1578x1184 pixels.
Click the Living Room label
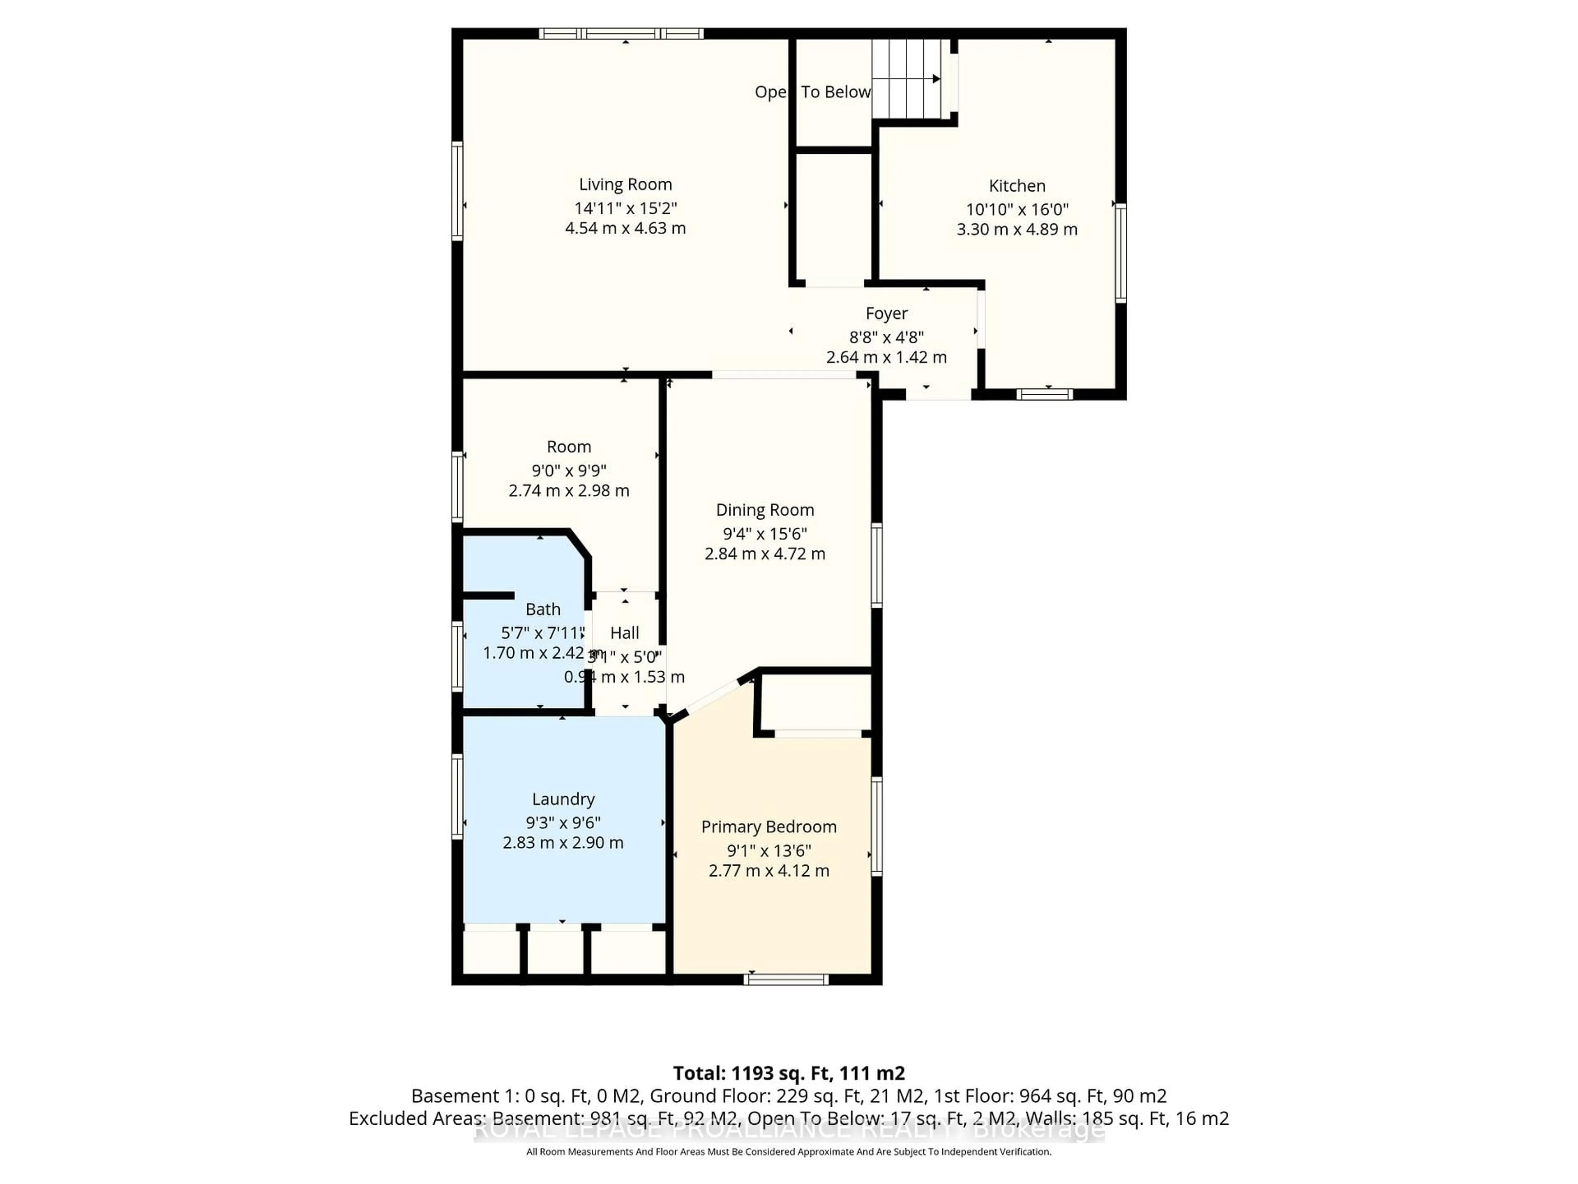point(625,184)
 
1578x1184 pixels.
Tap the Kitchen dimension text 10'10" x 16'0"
point(1017,209)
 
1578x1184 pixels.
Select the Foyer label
point(886,313)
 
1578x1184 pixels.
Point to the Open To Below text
point(812,92)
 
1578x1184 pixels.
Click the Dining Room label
point(765,509)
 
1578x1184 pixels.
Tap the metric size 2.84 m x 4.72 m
point(765,554)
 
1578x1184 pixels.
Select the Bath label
point(543,609)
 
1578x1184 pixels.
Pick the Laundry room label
point(563,799)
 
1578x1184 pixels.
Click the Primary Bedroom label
point(768,826)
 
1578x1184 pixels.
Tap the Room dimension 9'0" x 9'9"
point(569,470)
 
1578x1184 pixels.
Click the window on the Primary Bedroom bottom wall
point(785,979)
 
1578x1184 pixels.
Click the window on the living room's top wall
point(621,33)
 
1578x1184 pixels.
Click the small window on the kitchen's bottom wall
point(1044,394)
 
